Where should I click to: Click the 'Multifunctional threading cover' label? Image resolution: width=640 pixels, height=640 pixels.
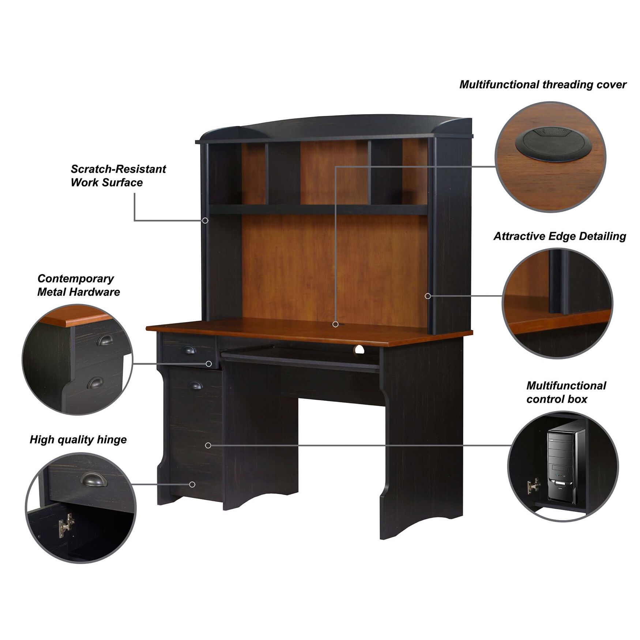click(x=543, y=85)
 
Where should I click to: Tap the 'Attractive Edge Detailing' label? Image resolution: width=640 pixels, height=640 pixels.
click(x=560, y=236)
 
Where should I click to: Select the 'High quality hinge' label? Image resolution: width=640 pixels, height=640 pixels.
click(x=78, y=440)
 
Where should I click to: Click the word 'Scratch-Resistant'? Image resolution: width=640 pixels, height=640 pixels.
click(x=118, y=169)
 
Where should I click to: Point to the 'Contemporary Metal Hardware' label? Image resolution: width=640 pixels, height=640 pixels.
click(x=78, y=285)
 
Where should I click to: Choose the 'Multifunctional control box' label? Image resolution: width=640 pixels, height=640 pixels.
click(x=566, y=392)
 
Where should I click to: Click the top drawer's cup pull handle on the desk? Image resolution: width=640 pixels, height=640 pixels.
click(x=189, y=350)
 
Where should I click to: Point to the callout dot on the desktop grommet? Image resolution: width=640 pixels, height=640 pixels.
click(x=335, y=324)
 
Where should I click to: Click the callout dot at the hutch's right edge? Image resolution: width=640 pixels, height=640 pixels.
click(x=428, y=296)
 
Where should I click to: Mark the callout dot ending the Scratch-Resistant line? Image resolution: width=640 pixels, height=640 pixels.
click(x=205, y=221)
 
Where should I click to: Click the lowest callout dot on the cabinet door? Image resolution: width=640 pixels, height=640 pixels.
click(x=192, y=485)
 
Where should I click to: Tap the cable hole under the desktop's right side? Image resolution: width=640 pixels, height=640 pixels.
click(x=359, y=350)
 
